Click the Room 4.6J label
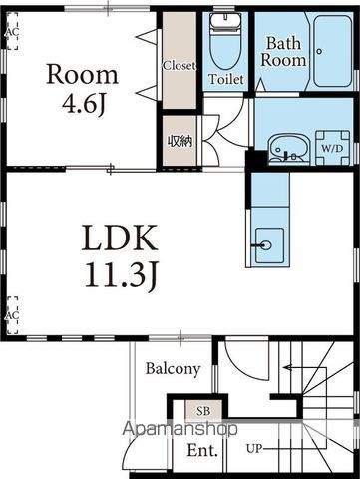click(x=82, y=89)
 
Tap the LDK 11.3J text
click(x=120, y=256)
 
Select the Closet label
click(x=179, y=66)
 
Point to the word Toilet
click(x=226, y=79)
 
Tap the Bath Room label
click(x=283, y=52)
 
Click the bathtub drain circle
click(x=319, y=51)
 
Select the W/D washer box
click(x=332, y=148)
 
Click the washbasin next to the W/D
click(x=289, y=149)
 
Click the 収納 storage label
click(x=180, y=142)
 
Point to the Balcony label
click(x=173, y=369)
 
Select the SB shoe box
click(x=203, y=411)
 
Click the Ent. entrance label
click(x=202, y=450)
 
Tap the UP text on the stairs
click(x=254, y=449)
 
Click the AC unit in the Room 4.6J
click(x=12, y=31)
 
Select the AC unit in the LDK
click(x=12, y=315)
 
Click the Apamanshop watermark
click(x=180, y=429)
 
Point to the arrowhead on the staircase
click(x=287, y=368)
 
